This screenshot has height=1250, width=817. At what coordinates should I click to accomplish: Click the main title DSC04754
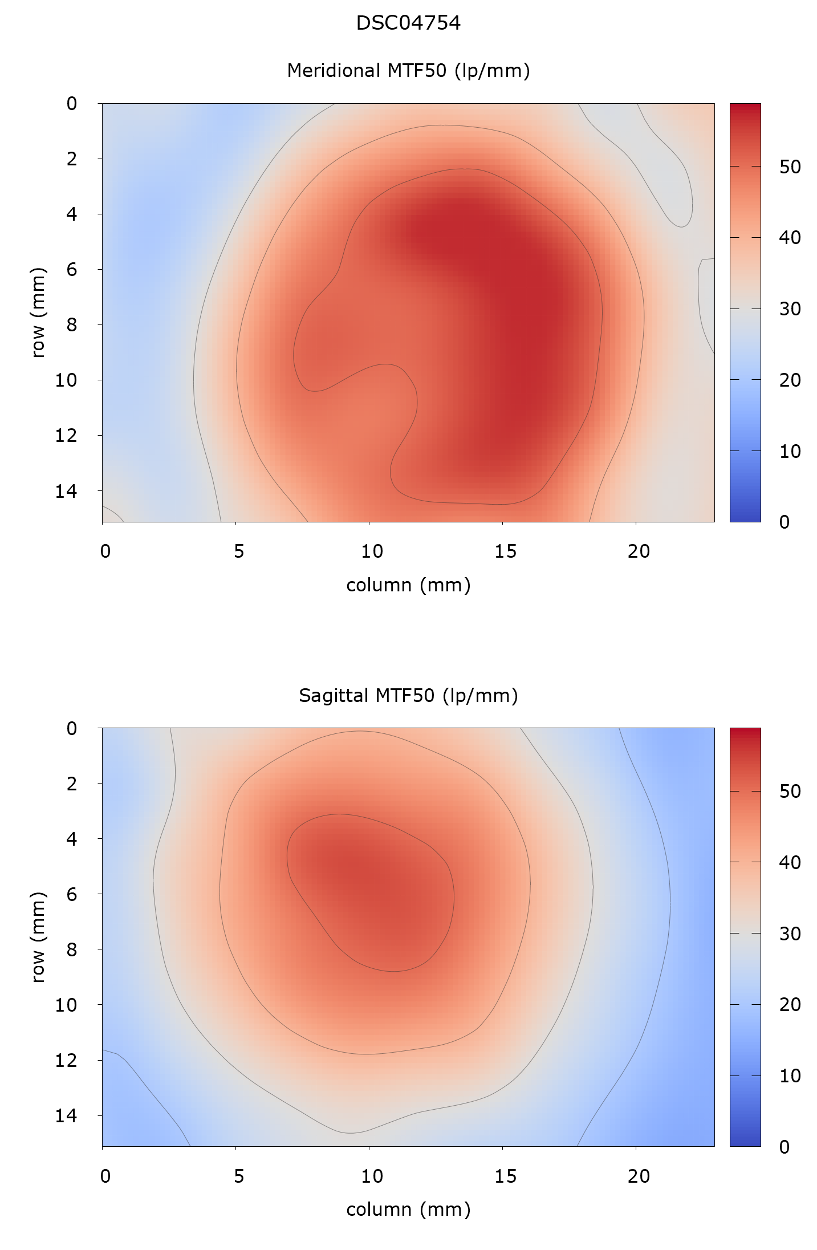pyautogui.click(x=408, y=23)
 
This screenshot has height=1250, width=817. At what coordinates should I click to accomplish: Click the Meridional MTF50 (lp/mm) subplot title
pyautogui.click(x=408, y=70)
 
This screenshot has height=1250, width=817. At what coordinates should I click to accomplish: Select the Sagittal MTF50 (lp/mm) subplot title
pyautogui.click(x=408, y=695)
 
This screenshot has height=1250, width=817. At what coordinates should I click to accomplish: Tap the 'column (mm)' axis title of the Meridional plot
pyautogui.click(x=408, y=585)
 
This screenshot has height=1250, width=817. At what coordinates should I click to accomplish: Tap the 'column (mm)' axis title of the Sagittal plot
pyautogui.click(x=408, y=1209)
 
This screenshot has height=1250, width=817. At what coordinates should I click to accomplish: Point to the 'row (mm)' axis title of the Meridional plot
pyautogui.click(x=38, y=312)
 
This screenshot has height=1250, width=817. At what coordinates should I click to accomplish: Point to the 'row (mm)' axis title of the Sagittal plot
pyautogui.click(x=38, y=937)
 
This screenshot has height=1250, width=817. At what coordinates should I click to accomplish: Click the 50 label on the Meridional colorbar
pyautogui.click(x=790, y=167)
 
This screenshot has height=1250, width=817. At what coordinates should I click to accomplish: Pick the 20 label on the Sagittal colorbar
pyautogui.click(x=790, y=1004)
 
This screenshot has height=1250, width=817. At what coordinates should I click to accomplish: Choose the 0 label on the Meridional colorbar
pyautogui.click(x=784, y=522)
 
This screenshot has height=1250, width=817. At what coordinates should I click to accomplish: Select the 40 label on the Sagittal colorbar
pyautogui.click(x=790, y=862)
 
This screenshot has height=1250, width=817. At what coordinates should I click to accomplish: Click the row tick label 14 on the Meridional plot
pyautogui.click(x=66, y=491)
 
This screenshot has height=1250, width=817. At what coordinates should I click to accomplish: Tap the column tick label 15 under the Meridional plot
pyautogui.click(x=505, y=551)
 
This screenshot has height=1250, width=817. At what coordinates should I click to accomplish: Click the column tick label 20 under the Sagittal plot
pyautogui.click(x=639, y=1176)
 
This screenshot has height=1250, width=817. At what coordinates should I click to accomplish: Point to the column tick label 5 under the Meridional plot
pyautogui.click(x=238, y=551)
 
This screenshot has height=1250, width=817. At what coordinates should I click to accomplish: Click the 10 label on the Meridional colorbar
pyautogui.click(x=790, y=452)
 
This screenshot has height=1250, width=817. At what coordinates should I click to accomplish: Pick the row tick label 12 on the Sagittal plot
pyautogui.click(x=66, y=1060)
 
